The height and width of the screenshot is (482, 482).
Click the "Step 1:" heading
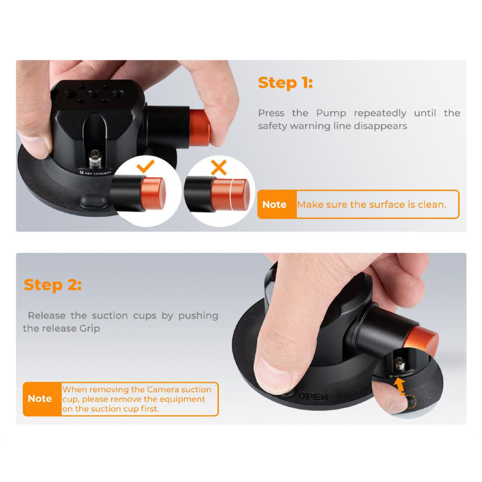[285, 83]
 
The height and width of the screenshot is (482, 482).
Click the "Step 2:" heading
[53, 285]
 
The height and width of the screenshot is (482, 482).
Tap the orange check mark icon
[146, 166]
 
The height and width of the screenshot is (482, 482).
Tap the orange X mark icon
[219, 167]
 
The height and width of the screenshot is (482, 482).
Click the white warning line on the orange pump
[230, 194]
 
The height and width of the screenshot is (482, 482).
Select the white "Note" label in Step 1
[274, 204]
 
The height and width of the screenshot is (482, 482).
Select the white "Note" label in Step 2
[40, 399]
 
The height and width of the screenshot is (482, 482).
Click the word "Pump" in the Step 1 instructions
[331, 113]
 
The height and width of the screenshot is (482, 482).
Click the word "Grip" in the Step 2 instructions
[90, 329]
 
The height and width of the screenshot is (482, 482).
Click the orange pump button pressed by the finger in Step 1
[199, 128]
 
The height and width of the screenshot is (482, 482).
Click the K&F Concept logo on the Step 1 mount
[95, 173]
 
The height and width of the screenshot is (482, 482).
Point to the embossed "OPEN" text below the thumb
[313, 396]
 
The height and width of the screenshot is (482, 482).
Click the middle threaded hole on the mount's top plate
[93, 93]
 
